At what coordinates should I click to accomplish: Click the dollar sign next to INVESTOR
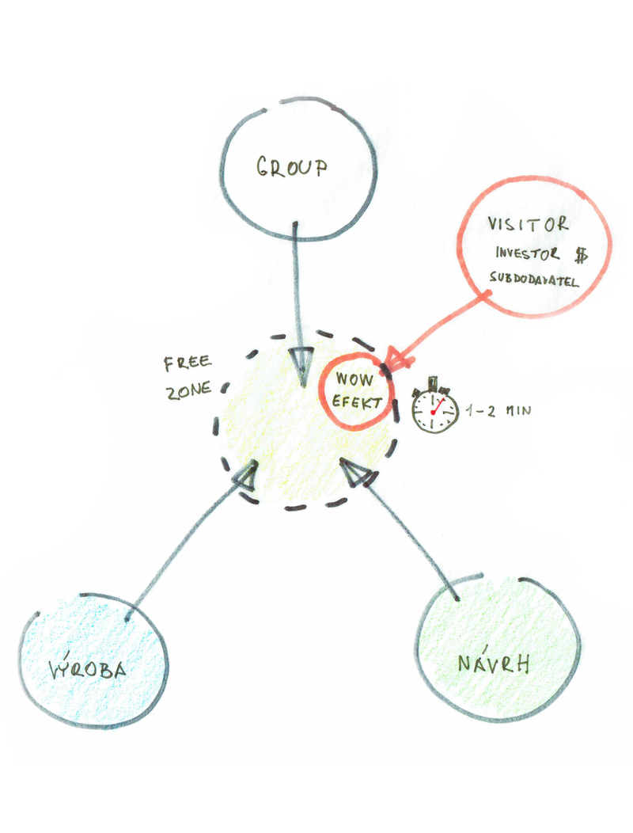click(x=582, y=254)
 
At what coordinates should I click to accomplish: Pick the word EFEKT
click(x=356, y=402)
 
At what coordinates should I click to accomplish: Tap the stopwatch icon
click(x=434, y=409)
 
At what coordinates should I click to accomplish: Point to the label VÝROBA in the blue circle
click(x=88, y=670)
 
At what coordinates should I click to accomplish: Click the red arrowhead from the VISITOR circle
click(x=398, y=360)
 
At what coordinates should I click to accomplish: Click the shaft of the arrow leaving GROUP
click(x=297, y=285)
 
